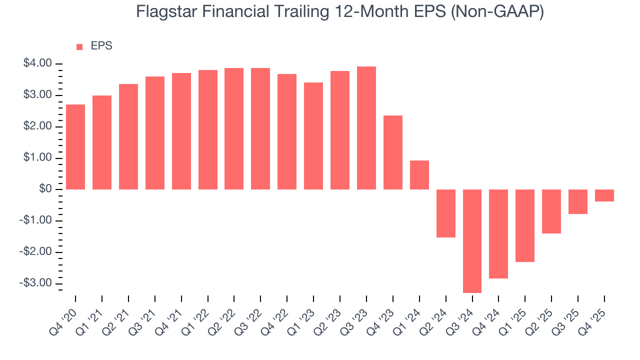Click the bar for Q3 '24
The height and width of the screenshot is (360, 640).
click(472, 241)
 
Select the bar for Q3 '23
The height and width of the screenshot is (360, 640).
click(366, 128)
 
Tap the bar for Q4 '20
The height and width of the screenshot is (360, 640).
click(75, 147)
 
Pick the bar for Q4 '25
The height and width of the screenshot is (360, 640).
click(604, 195)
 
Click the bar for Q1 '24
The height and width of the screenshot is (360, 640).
click(419, 175)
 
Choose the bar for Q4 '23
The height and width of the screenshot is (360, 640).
click(393, 152)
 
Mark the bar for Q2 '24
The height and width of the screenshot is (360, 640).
click(445, 213)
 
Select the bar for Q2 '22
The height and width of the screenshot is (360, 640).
click(234, 128)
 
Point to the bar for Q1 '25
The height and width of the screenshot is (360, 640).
click(525, 225)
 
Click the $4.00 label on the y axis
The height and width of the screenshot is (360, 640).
click(37, 64)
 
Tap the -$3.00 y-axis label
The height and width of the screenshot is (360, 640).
click(36, 283)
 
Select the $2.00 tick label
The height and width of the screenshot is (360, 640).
click(37, 127)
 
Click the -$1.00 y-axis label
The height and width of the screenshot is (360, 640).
click(36, 220)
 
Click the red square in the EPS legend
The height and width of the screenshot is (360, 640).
click(79, 47)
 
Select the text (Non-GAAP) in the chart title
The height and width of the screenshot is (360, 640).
click(498, 12)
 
